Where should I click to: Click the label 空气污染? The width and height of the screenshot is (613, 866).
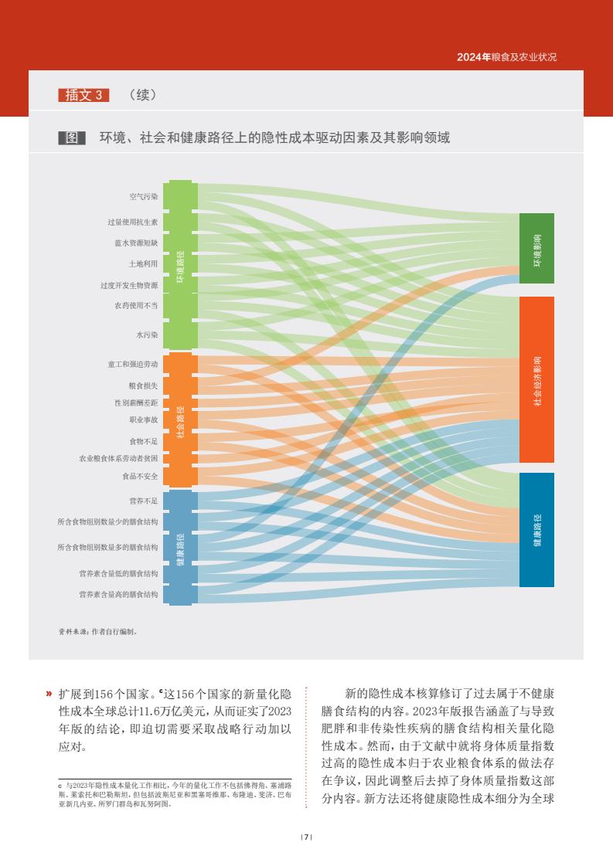(x=144, y=197)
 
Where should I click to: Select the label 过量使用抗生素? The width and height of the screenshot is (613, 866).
(x=133, y=222)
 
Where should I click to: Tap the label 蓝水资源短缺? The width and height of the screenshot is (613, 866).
(x=137, y=243)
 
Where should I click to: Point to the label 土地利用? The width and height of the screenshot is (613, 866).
(x=143, y=264)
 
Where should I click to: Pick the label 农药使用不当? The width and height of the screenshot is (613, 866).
(x=137, y=305)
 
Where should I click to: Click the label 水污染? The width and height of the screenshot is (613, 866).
(x=147, y=335)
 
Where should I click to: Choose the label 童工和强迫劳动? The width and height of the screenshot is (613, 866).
(x=133, y=365)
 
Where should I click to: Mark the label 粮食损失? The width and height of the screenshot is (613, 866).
(x=143, y=385)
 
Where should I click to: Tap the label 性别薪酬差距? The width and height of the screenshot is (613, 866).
(x=137, y=402)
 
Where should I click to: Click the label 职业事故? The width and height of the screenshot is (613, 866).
(x=144, y=419)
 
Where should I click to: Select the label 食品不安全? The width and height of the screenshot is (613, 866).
(x=140, y=476)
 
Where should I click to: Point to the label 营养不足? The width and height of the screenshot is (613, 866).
(x=144, y=501)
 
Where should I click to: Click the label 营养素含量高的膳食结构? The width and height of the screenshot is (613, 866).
(x=118, y=594)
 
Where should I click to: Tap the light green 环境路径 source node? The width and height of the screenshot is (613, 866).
(x=181, y=265)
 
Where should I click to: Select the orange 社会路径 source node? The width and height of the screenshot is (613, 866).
(x=181, y=420)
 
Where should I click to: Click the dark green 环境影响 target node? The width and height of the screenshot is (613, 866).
(x=536, y=248)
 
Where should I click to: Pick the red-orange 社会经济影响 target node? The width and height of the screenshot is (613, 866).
(x=536, y=379)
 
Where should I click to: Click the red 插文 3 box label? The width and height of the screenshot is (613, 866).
(x=83, y=95)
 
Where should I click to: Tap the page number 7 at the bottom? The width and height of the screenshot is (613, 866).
(x=306, y=837)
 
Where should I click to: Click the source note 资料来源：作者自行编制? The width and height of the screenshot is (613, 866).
(x=97, y=631)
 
